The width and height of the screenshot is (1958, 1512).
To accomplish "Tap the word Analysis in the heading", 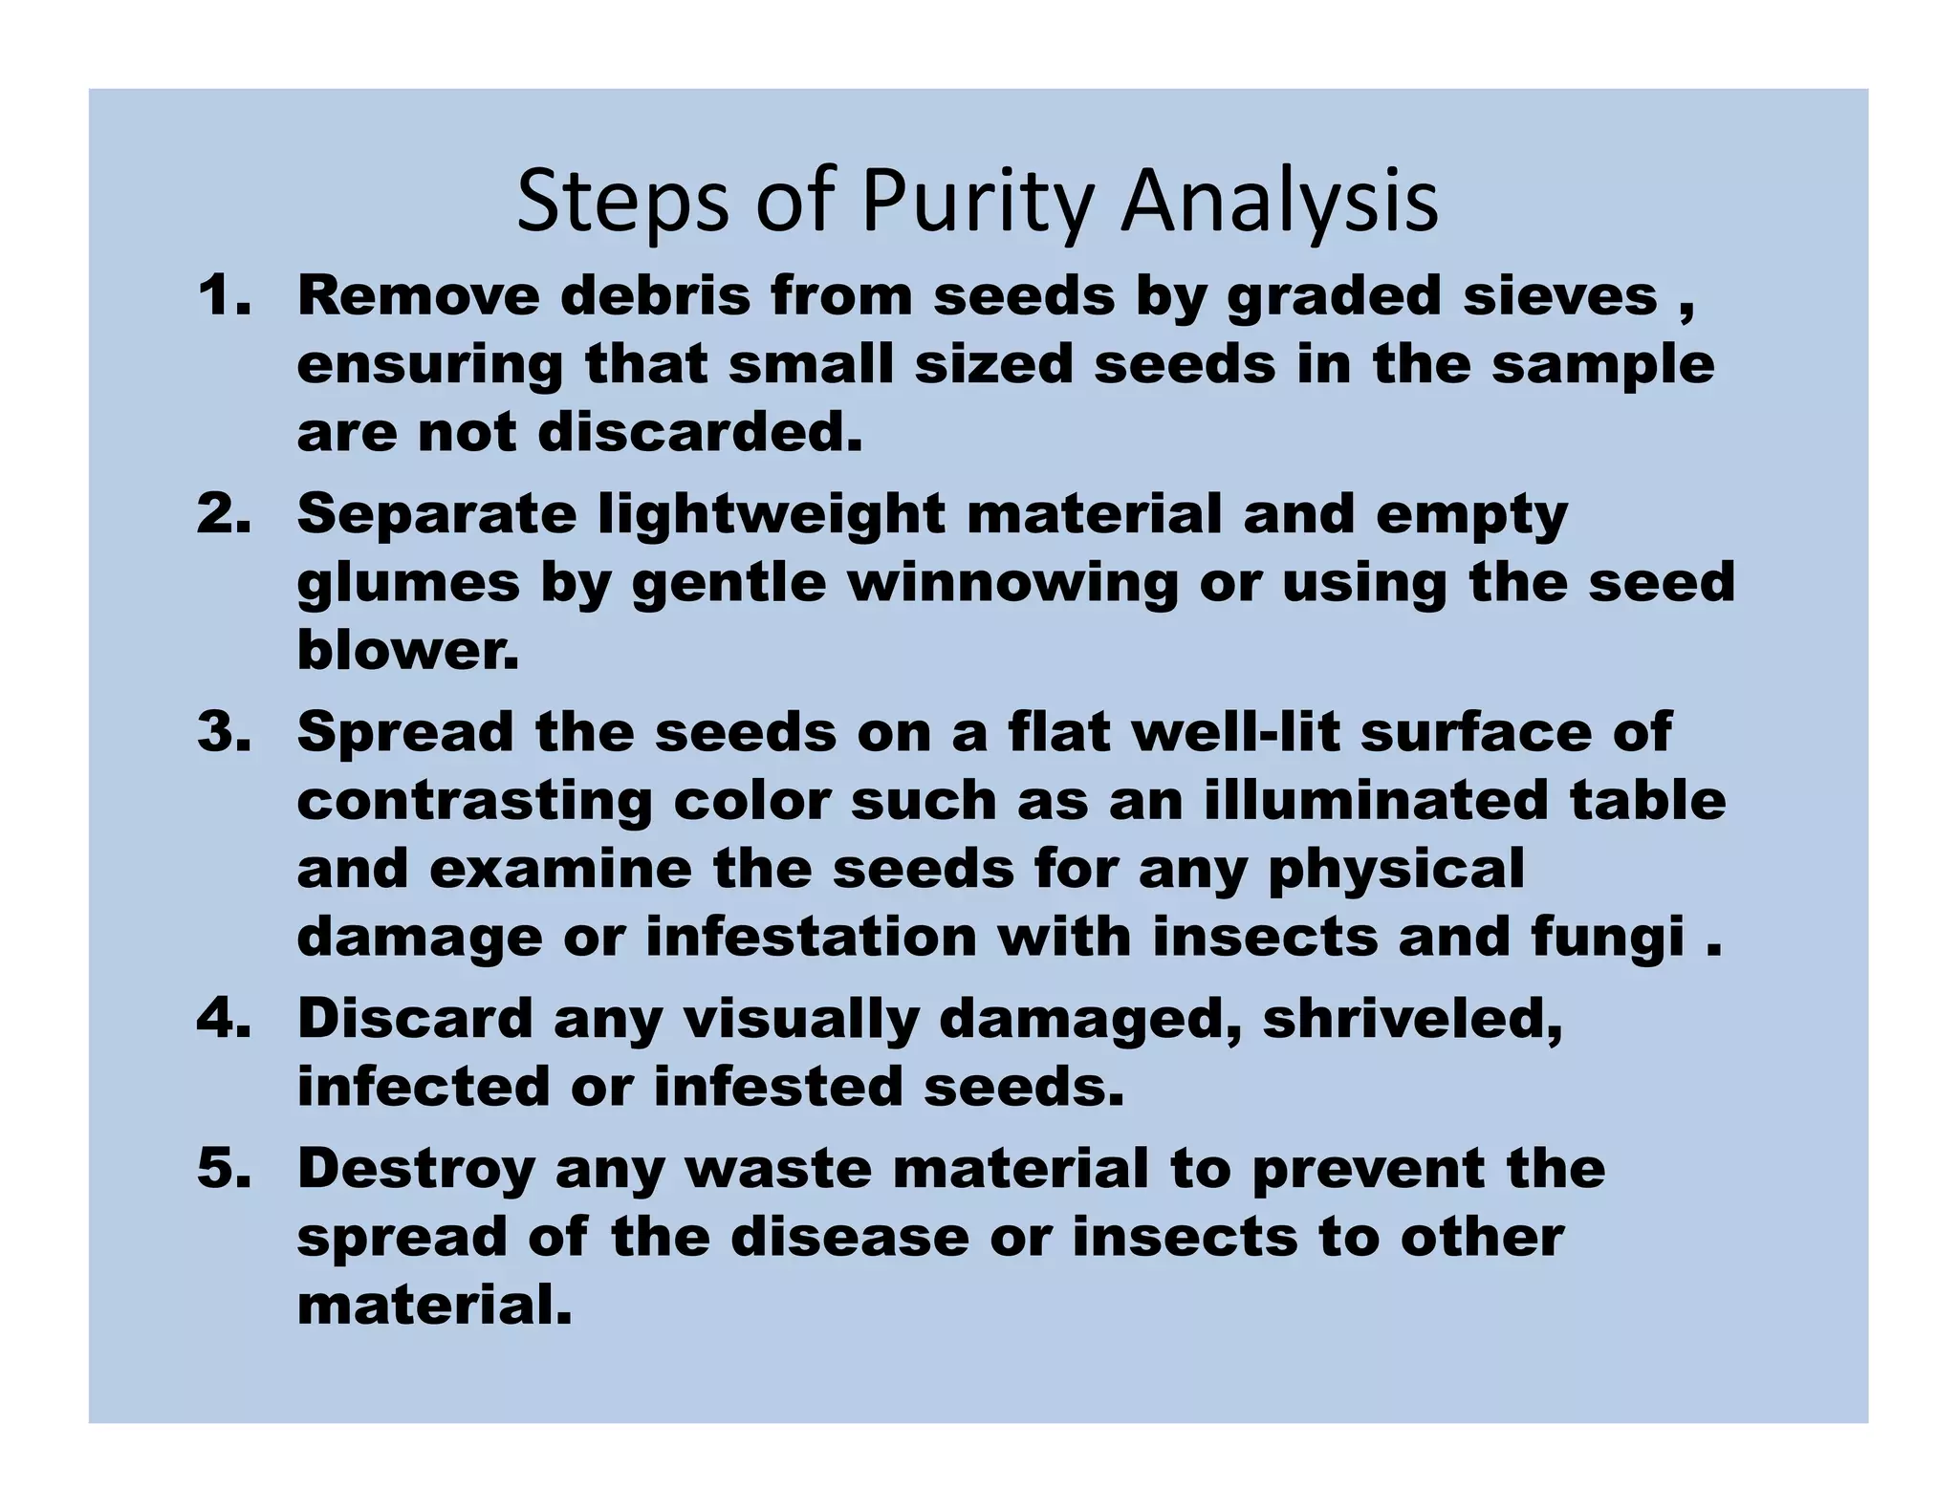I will pyautogui.click(x=1279, y=203).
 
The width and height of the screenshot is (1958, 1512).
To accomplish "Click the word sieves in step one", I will pyautogui.click(x=1560, y=295).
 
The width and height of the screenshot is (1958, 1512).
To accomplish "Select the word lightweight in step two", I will pyautogui.click(x=772, y=514).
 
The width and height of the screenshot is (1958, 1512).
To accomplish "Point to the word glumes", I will pyautogui.click(x=408, y=583).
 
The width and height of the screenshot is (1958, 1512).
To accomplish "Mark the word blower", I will pyautogui.click(x=408, y=651).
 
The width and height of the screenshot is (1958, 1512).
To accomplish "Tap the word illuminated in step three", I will pyautogui.click(x=1375, y=800).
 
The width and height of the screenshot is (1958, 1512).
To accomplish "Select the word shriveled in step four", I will pyautogui.click(x=1412, y=1019).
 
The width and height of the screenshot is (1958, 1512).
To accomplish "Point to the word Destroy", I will pyautogui.click(x=416, y=1169).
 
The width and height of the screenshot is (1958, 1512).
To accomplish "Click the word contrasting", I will pyautogui.click(x=474, y=800).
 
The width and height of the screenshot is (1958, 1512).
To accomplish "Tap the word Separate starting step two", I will pyautogui.click(x=437, y=514).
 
